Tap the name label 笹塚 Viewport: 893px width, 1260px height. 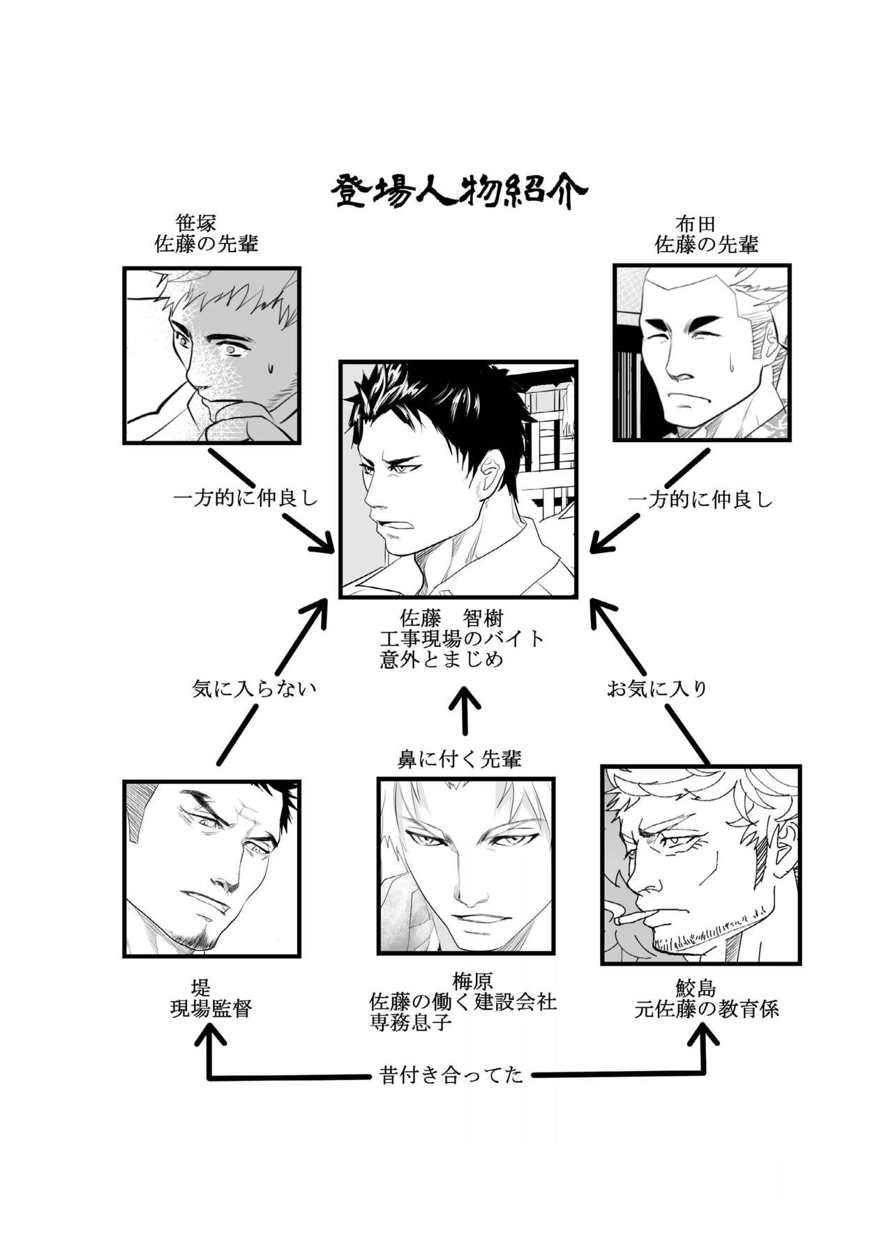(196, 223)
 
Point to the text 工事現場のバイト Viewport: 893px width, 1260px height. (461, 639)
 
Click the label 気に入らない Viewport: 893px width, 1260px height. (254, 689)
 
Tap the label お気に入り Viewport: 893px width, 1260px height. (656, 689)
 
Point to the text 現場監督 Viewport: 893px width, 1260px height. (211, 1008)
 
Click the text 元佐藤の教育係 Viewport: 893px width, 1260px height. (706, 1009)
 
